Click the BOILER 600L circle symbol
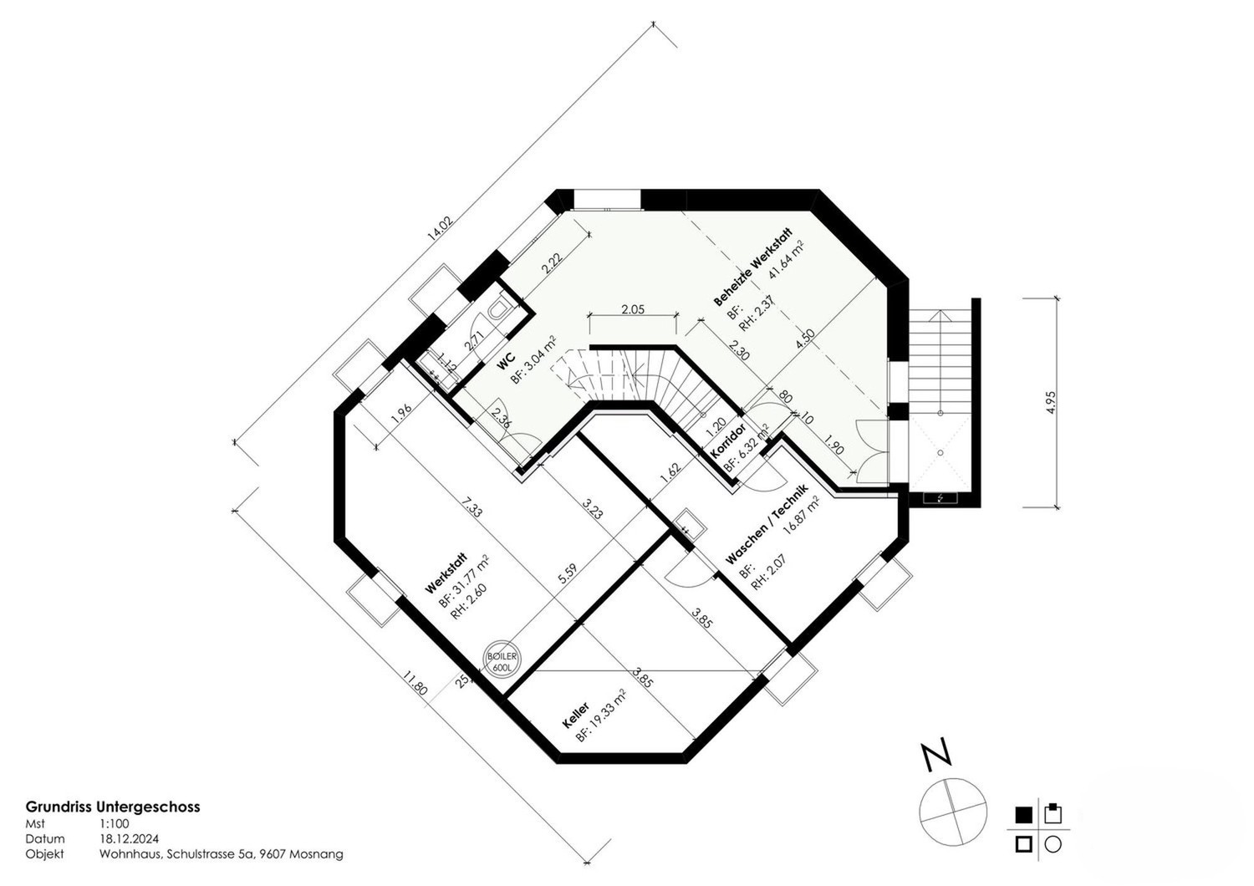click(x=502, y=659)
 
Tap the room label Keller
click(x=575, y=715)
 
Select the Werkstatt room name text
click(x=446, y=573)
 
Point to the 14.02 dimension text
click(x=439, y=228)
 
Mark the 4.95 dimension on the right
click(x=1050, y=402)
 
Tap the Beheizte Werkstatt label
click(x=753, y=267)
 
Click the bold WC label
click(x=506, y=361)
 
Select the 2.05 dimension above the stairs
click(x=633, y=308)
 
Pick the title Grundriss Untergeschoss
click(x=113, y=807)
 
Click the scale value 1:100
click(x=115, y=823)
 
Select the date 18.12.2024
click(x=129, y=838)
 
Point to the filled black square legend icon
click(x=1023, y=815)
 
